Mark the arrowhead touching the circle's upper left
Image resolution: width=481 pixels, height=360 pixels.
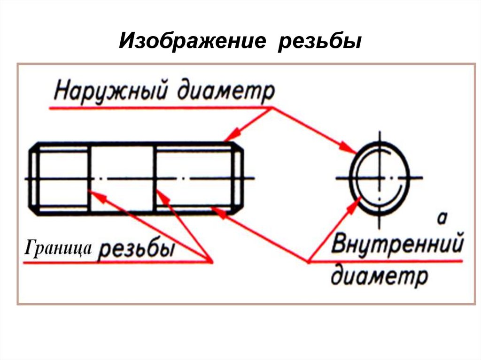(x=351, y=150)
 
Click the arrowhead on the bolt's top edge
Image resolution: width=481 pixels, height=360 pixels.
(x=229, y=138)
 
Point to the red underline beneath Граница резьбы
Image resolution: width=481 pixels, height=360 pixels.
(x=117, y=263)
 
